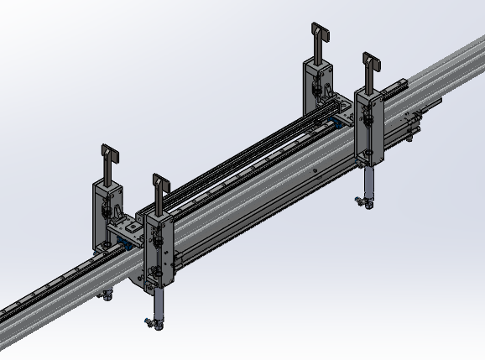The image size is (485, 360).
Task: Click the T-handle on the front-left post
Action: coord(159,188)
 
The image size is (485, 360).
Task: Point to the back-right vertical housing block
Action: coord(316,85)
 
